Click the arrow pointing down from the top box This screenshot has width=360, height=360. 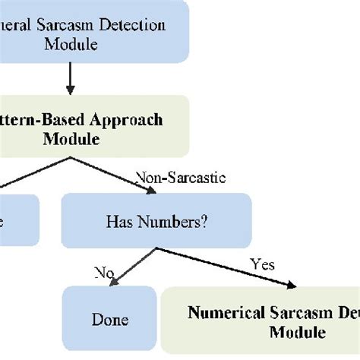(71, 78)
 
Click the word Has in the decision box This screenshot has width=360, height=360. (122, 222)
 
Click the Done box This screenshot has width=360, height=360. (109, 320)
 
